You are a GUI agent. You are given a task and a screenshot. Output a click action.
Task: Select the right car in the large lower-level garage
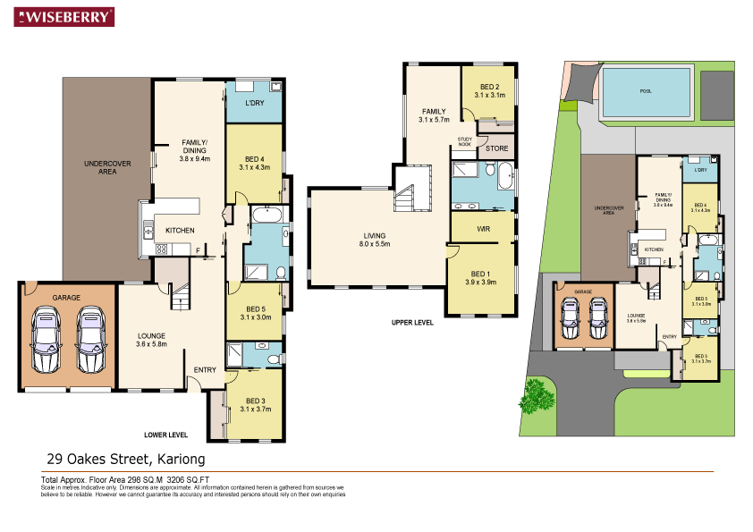point(90,342)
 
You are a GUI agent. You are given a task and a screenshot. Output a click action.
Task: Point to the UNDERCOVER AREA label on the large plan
point(107,167)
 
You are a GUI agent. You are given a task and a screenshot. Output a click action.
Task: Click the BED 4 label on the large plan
point(255,162)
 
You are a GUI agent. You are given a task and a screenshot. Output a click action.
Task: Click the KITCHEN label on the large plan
point(180,231)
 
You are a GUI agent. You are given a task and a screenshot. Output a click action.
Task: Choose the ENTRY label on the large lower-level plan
point(205,369)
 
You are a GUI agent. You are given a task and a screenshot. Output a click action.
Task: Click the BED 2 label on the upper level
point(491,89)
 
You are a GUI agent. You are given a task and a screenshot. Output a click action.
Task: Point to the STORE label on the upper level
point(496,148)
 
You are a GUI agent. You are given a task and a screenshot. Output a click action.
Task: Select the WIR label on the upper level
point(483,229)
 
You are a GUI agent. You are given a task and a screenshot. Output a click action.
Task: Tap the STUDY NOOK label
point(464,140)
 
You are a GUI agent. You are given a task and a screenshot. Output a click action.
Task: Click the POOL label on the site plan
point(646,90)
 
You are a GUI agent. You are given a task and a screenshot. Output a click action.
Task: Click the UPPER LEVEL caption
point(412,323)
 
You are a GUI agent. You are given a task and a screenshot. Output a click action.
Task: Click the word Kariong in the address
point(181,460)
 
